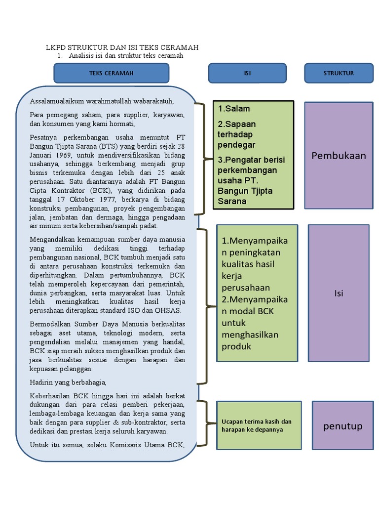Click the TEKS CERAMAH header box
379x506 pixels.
pyautogui.click(x=111, y=73)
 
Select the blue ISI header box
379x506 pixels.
pyautogui.click(x=248, y=73)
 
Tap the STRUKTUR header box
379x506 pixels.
pyautogui.click(x=339, y=73)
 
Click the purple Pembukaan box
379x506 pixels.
pyautogui.click(x=339, y=156)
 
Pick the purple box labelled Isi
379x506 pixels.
pyautogui.click(x=339, y=293)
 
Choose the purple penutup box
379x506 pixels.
pyautogui.click(x=343, y=426)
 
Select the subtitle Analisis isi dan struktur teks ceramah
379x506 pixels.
pyautogui.click(x=126, y=56)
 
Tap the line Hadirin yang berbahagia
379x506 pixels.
pyautogui.click(x=68, y=382)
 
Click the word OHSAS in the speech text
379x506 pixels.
pyautogui.click(x=170, y=311)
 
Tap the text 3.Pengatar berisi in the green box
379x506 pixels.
pyautogui.click(x=251, y=160)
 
